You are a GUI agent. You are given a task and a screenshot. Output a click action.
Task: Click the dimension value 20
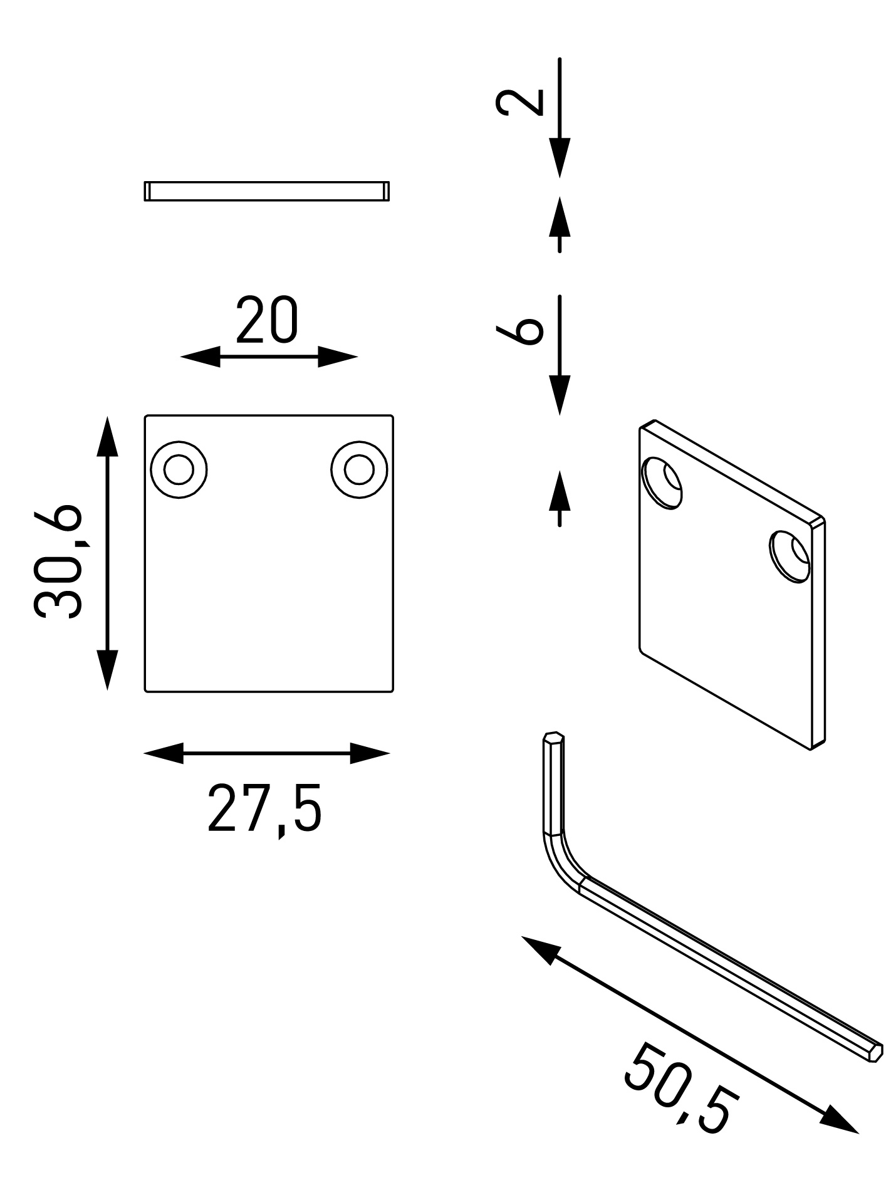[x=268, y=321]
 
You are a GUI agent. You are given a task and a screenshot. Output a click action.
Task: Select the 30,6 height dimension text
[x=58, y=561]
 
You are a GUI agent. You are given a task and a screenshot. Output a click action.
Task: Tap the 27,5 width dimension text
[x=264, y=808]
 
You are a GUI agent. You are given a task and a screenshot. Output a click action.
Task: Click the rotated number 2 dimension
[x=519, y=102]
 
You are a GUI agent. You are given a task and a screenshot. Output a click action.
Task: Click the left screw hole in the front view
[x=179, y=469]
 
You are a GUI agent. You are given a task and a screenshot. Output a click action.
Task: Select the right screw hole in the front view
[x=359, y=469]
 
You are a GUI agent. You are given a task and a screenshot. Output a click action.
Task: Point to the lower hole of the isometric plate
[x=790, y=556]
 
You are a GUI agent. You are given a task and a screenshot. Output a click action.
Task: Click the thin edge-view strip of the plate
[x=267, y=191]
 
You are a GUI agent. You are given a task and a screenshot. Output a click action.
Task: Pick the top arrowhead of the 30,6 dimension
[x=108, y=436]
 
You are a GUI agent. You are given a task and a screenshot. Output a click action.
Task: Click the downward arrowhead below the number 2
[x=560, y=157]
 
